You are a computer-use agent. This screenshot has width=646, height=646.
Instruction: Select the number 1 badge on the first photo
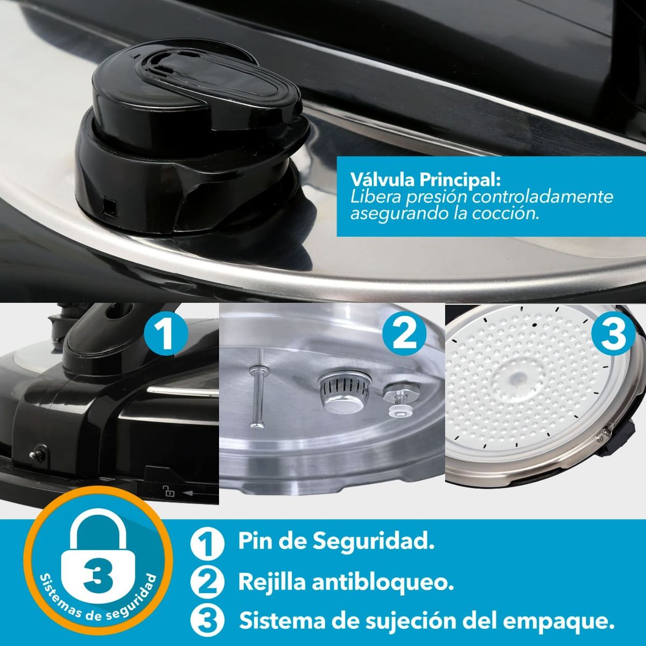click(167, 334)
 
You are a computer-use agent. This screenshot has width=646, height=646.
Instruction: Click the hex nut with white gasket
click(396, 398)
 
